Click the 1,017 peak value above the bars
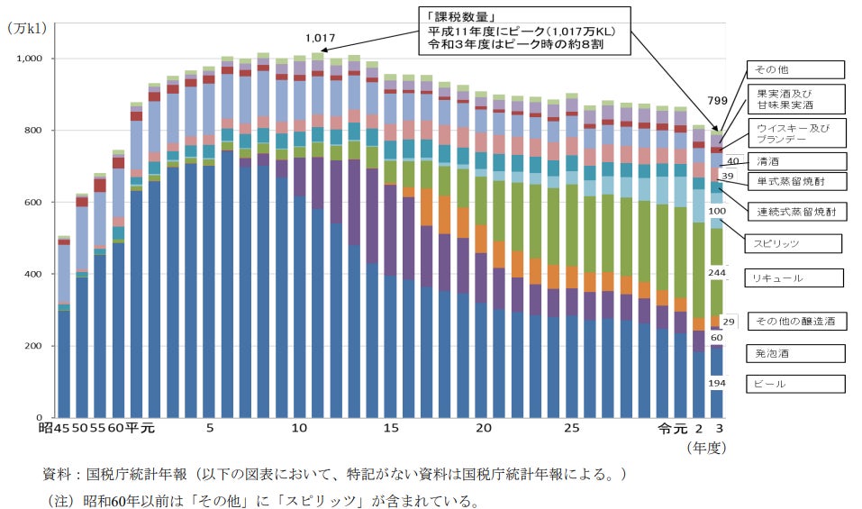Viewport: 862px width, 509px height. (x=320, y=38)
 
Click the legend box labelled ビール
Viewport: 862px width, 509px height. (x=795, y=384)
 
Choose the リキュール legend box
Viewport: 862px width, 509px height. (x=795, y=278)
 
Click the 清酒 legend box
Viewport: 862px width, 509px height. (x=795, y=161)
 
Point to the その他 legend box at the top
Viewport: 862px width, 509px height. (x=795, y=69)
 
